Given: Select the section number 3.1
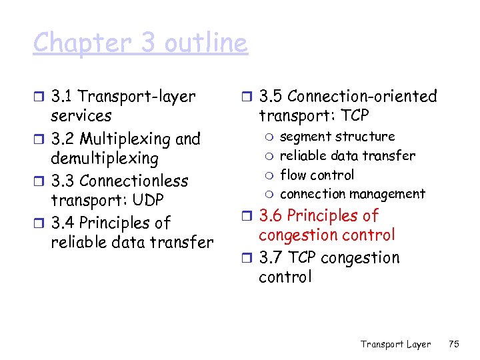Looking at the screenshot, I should (63, 97).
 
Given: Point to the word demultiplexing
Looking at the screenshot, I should (105, 159).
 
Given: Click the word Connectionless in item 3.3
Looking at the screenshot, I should (134, 181).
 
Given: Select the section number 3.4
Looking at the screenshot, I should (64, 223).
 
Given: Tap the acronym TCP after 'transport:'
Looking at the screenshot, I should (353, 116).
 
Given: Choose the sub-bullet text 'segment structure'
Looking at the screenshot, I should (337, 137).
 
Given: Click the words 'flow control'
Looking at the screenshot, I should (317, 175).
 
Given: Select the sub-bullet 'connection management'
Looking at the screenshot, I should (352, 194).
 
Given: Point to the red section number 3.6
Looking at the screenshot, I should (271, 216).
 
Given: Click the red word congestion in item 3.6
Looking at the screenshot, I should (301, 235).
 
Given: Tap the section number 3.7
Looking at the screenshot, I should (271, 258).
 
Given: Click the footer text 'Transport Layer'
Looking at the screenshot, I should (395, 344).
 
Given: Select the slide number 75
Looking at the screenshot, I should (454, 344).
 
